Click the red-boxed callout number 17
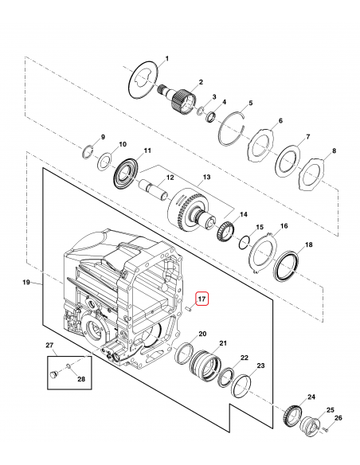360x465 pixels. (202, 299)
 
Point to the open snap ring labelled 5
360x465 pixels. (233, 128)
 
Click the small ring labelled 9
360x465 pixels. (87, 152)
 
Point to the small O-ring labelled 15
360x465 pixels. (245, 241)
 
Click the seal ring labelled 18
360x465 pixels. (286, 266)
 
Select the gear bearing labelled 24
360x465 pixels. (292, 416)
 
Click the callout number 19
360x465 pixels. (26, 282)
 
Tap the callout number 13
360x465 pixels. (206, 177)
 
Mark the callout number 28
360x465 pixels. (81, 379)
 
